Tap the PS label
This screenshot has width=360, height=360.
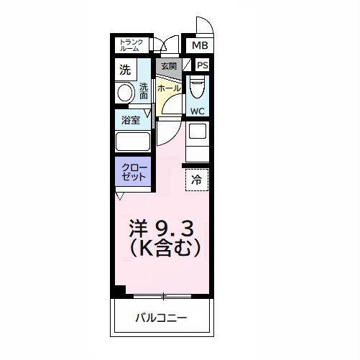[x=202, y=66]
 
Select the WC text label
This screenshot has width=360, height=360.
[x=198, y=111]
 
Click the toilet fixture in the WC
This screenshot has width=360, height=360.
[x=198, y=88]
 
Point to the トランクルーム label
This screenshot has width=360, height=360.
[x=131, y=45]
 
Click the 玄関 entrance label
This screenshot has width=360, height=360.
[x=168, y=67]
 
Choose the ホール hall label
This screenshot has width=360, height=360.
[x=169, y=88]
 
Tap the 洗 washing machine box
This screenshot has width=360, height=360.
[x=126, y=70]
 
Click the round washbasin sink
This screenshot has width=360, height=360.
[x=125, y=93]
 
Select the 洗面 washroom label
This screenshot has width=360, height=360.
[x=144, y=91]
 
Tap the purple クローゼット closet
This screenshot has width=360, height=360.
[x=134, y=172]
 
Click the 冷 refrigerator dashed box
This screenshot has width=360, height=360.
[x=197, y=179]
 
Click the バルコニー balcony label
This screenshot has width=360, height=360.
[x=162, y=318]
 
